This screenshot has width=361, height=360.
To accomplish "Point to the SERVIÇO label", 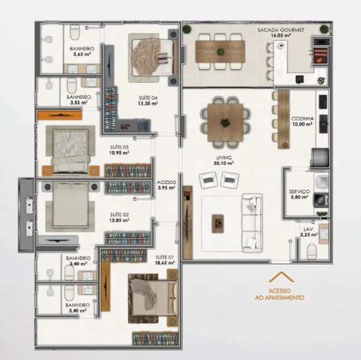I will (299, 191).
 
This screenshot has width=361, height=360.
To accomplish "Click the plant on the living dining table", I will (225, 122).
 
